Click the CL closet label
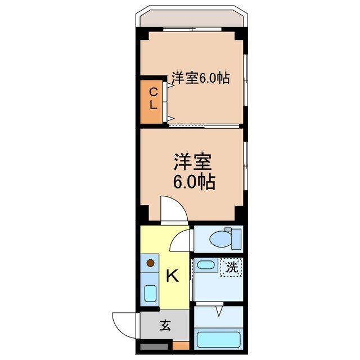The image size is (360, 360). (x=152, y=98)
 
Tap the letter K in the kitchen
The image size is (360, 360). (x=173, y=276)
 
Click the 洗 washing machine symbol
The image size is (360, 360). (x=232, y=268)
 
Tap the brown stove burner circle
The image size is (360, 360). (x=150, y=262)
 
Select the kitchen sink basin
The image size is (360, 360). (x=150, y=293)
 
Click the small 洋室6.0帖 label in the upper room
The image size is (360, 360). (x=200, y=78)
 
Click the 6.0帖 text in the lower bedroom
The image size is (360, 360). (x=194, y=182)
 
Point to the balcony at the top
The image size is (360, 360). (x=191, y=19)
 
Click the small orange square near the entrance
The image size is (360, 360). (x=180, y=345)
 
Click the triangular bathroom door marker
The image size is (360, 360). (x=218, y=309)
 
